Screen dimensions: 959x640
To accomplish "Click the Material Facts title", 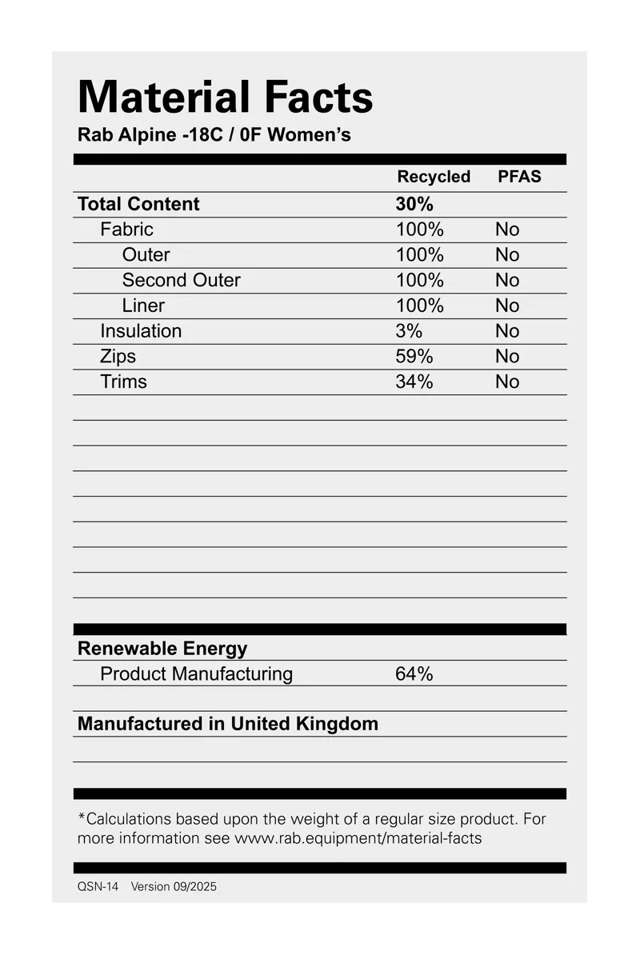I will coord(225,97).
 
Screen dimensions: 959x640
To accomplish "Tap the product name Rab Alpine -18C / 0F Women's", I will coord(214,134).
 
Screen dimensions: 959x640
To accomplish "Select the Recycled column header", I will coord(434,177).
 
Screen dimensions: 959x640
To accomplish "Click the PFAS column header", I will coord(519,177).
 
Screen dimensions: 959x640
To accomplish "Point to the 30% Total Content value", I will coord(414,204).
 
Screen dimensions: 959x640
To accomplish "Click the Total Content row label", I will coord(138,204).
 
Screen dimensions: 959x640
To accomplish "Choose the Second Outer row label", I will coord(181,280).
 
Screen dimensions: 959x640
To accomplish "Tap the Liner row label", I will coord(143,306).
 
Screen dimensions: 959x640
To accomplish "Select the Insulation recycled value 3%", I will coord(409,331).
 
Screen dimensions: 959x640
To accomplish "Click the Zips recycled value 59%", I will coord(414,357).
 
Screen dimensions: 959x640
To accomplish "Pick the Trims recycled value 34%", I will coord(414,382).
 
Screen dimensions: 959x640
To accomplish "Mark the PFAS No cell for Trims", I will coord(507,382).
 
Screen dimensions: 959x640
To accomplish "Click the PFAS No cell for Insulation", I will coord(507,331).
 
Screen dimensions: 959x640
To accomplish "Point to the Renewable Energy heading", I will coord(162,649).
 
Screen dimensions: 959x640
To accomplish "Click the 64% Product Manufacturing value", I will coord(414,674).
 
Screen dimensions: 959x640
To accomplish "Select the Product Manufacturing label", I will coord(196,674).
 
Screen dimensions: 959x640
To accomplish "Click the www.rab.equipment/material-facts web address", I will coord(358,839).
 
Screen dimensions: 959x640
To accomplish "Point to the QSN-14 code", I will coord(98,887).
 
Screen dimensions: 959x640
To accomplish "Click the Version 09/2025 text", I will coord(174,887).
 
